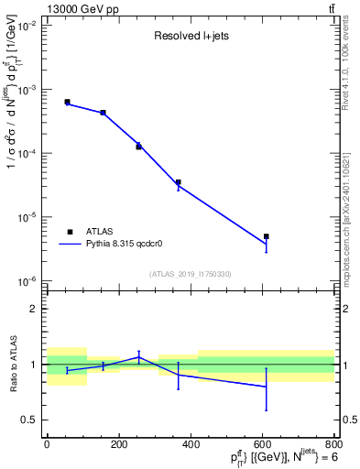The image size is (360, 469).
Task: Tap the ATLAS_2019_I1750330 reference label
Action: coord(191,274)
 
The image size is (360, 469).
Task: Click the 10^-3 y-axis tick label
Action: coord(25,90)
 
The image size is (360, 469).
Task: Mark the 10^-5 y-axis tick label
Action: coord(25,217)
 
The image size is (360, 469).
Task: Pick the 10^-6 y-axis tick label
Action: coord(25,280)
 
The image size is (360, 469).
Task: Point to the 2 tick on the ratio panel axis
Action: coord(33,309)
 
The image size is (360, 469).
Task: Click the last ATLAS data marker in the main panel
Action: coord(267,236)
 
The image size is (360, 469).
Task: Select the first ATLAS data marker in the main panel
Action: coord(67,102)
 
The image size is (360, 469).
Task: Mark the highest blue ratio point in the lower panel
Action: coord(138,357)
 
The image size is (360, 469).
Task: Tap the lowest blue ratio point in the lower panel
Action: coord(267,386)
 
